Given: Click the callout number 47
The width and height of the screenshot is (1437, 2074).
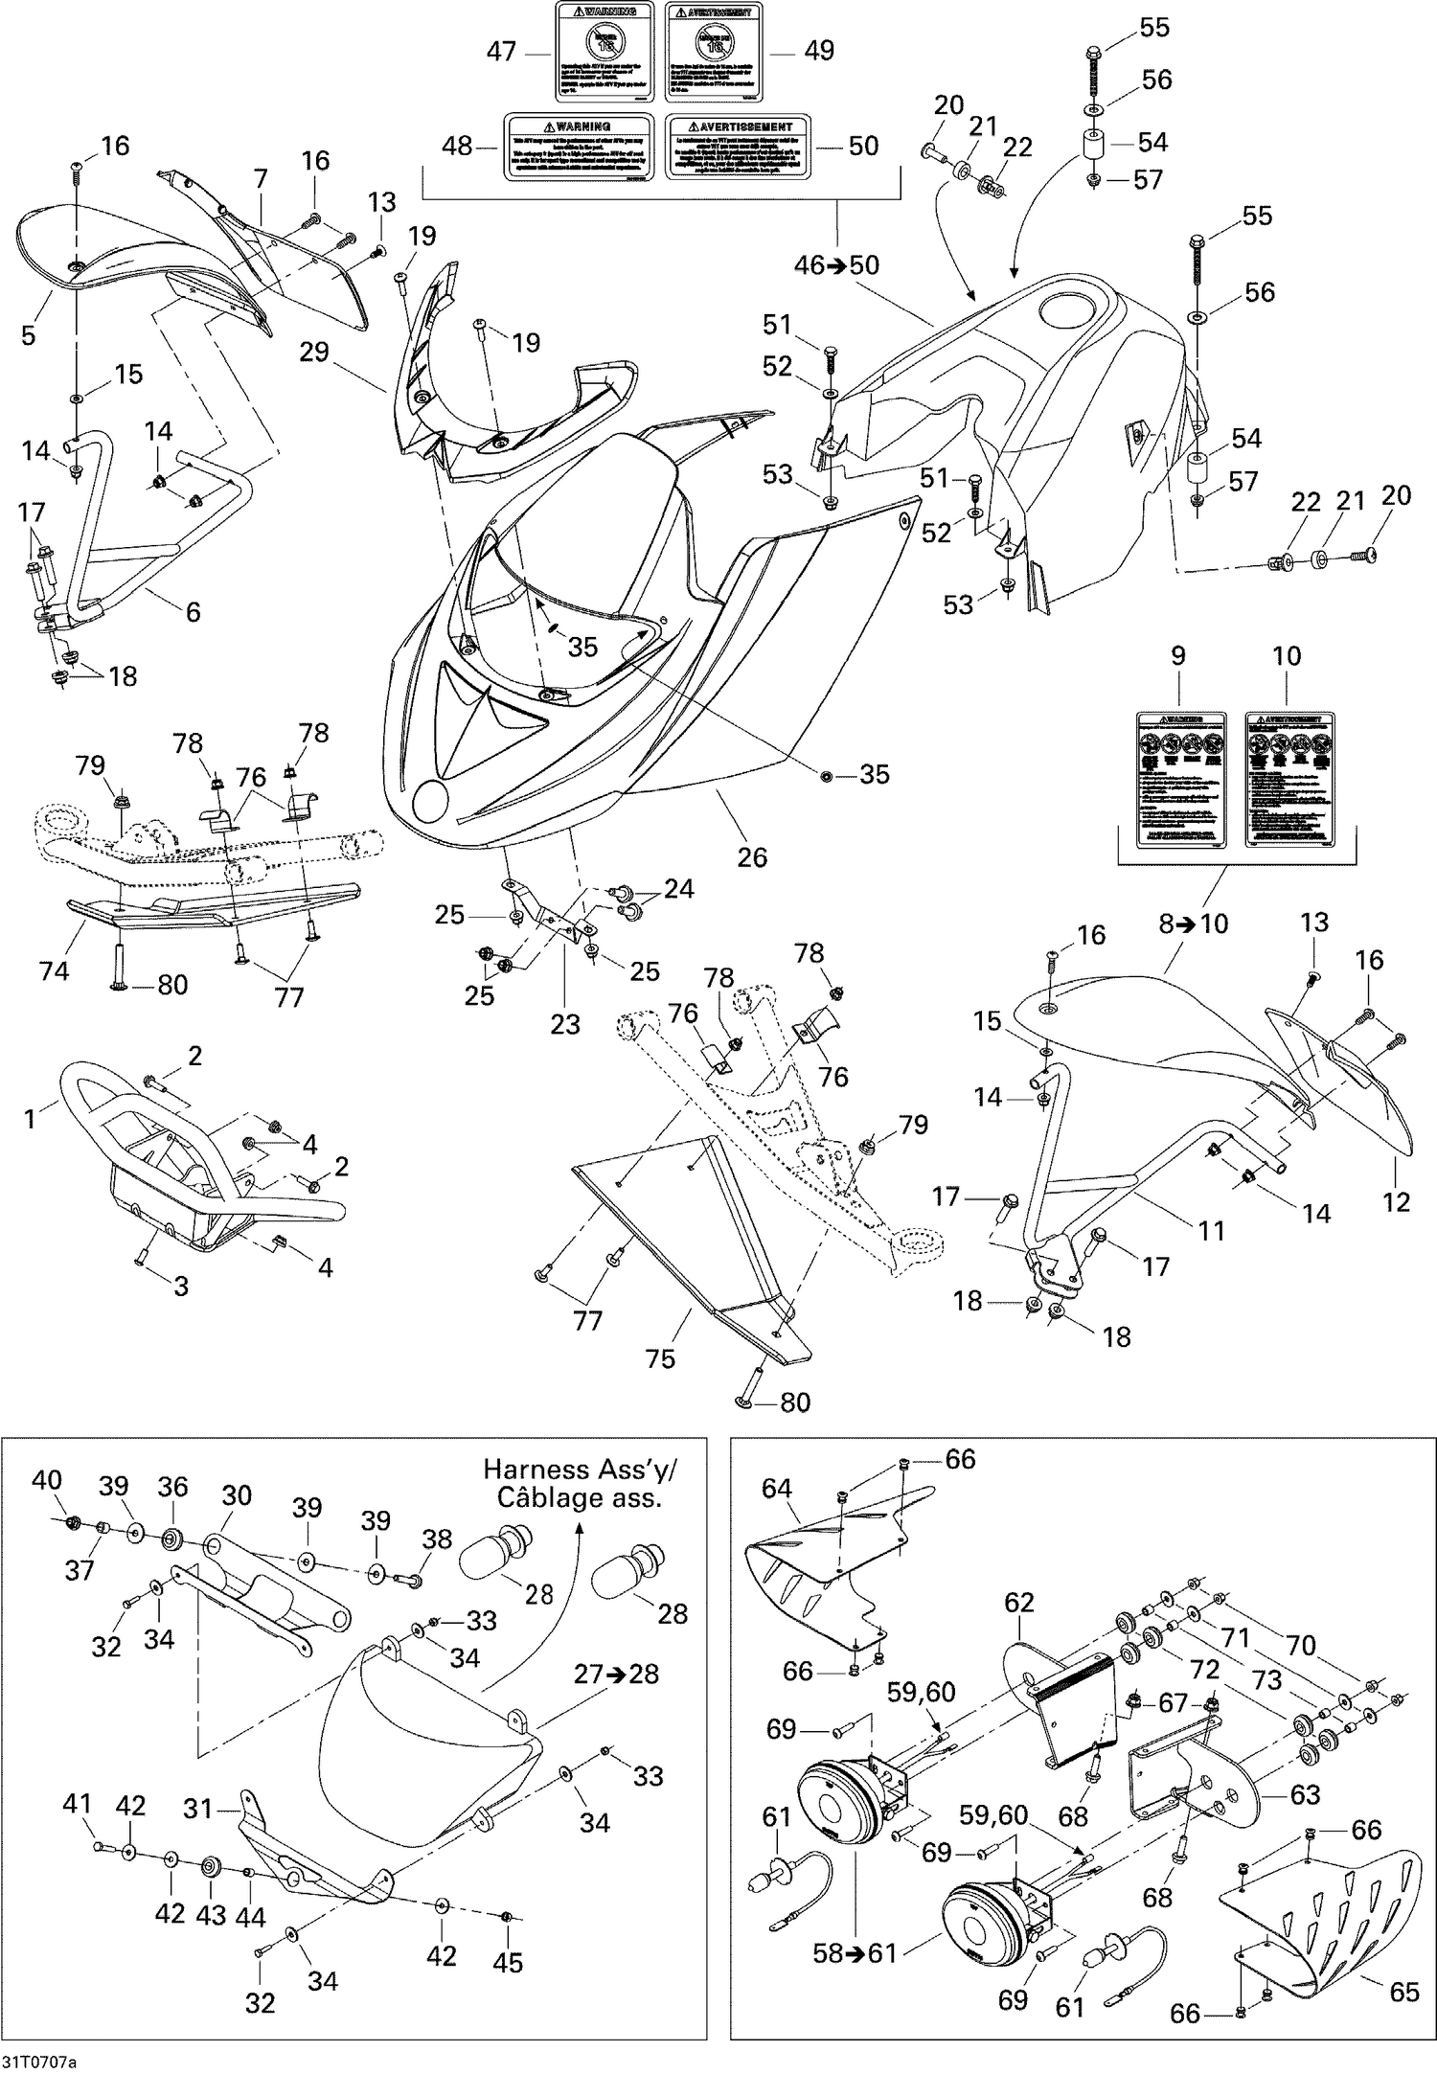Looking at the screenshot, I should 501,51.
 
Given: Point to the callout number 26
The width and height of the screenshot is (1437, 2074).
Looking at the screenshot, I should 752,856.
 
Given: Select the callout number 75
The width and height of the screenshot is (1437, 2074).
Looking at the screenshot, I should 660,1358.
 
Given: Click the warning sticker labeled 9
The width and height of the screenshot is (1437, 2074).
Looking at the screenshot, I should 1181,779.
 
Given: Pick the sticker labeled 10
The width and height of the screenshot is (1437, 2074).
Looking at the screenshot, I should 1289,779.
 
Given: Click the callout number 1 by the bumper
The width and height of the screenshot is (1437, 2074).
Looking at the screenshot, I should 30,1118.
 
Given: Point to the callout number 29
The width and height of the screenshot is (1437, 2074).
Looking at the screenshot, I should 313,352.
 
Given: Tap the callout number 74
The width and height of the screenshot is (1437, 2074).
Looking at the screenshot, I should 55,970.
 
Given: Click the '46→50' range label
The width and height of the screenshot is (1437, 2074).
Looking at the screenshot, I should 836,264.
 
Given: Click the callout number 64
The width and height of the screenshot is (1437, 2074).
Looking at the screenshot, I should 777,1488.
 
